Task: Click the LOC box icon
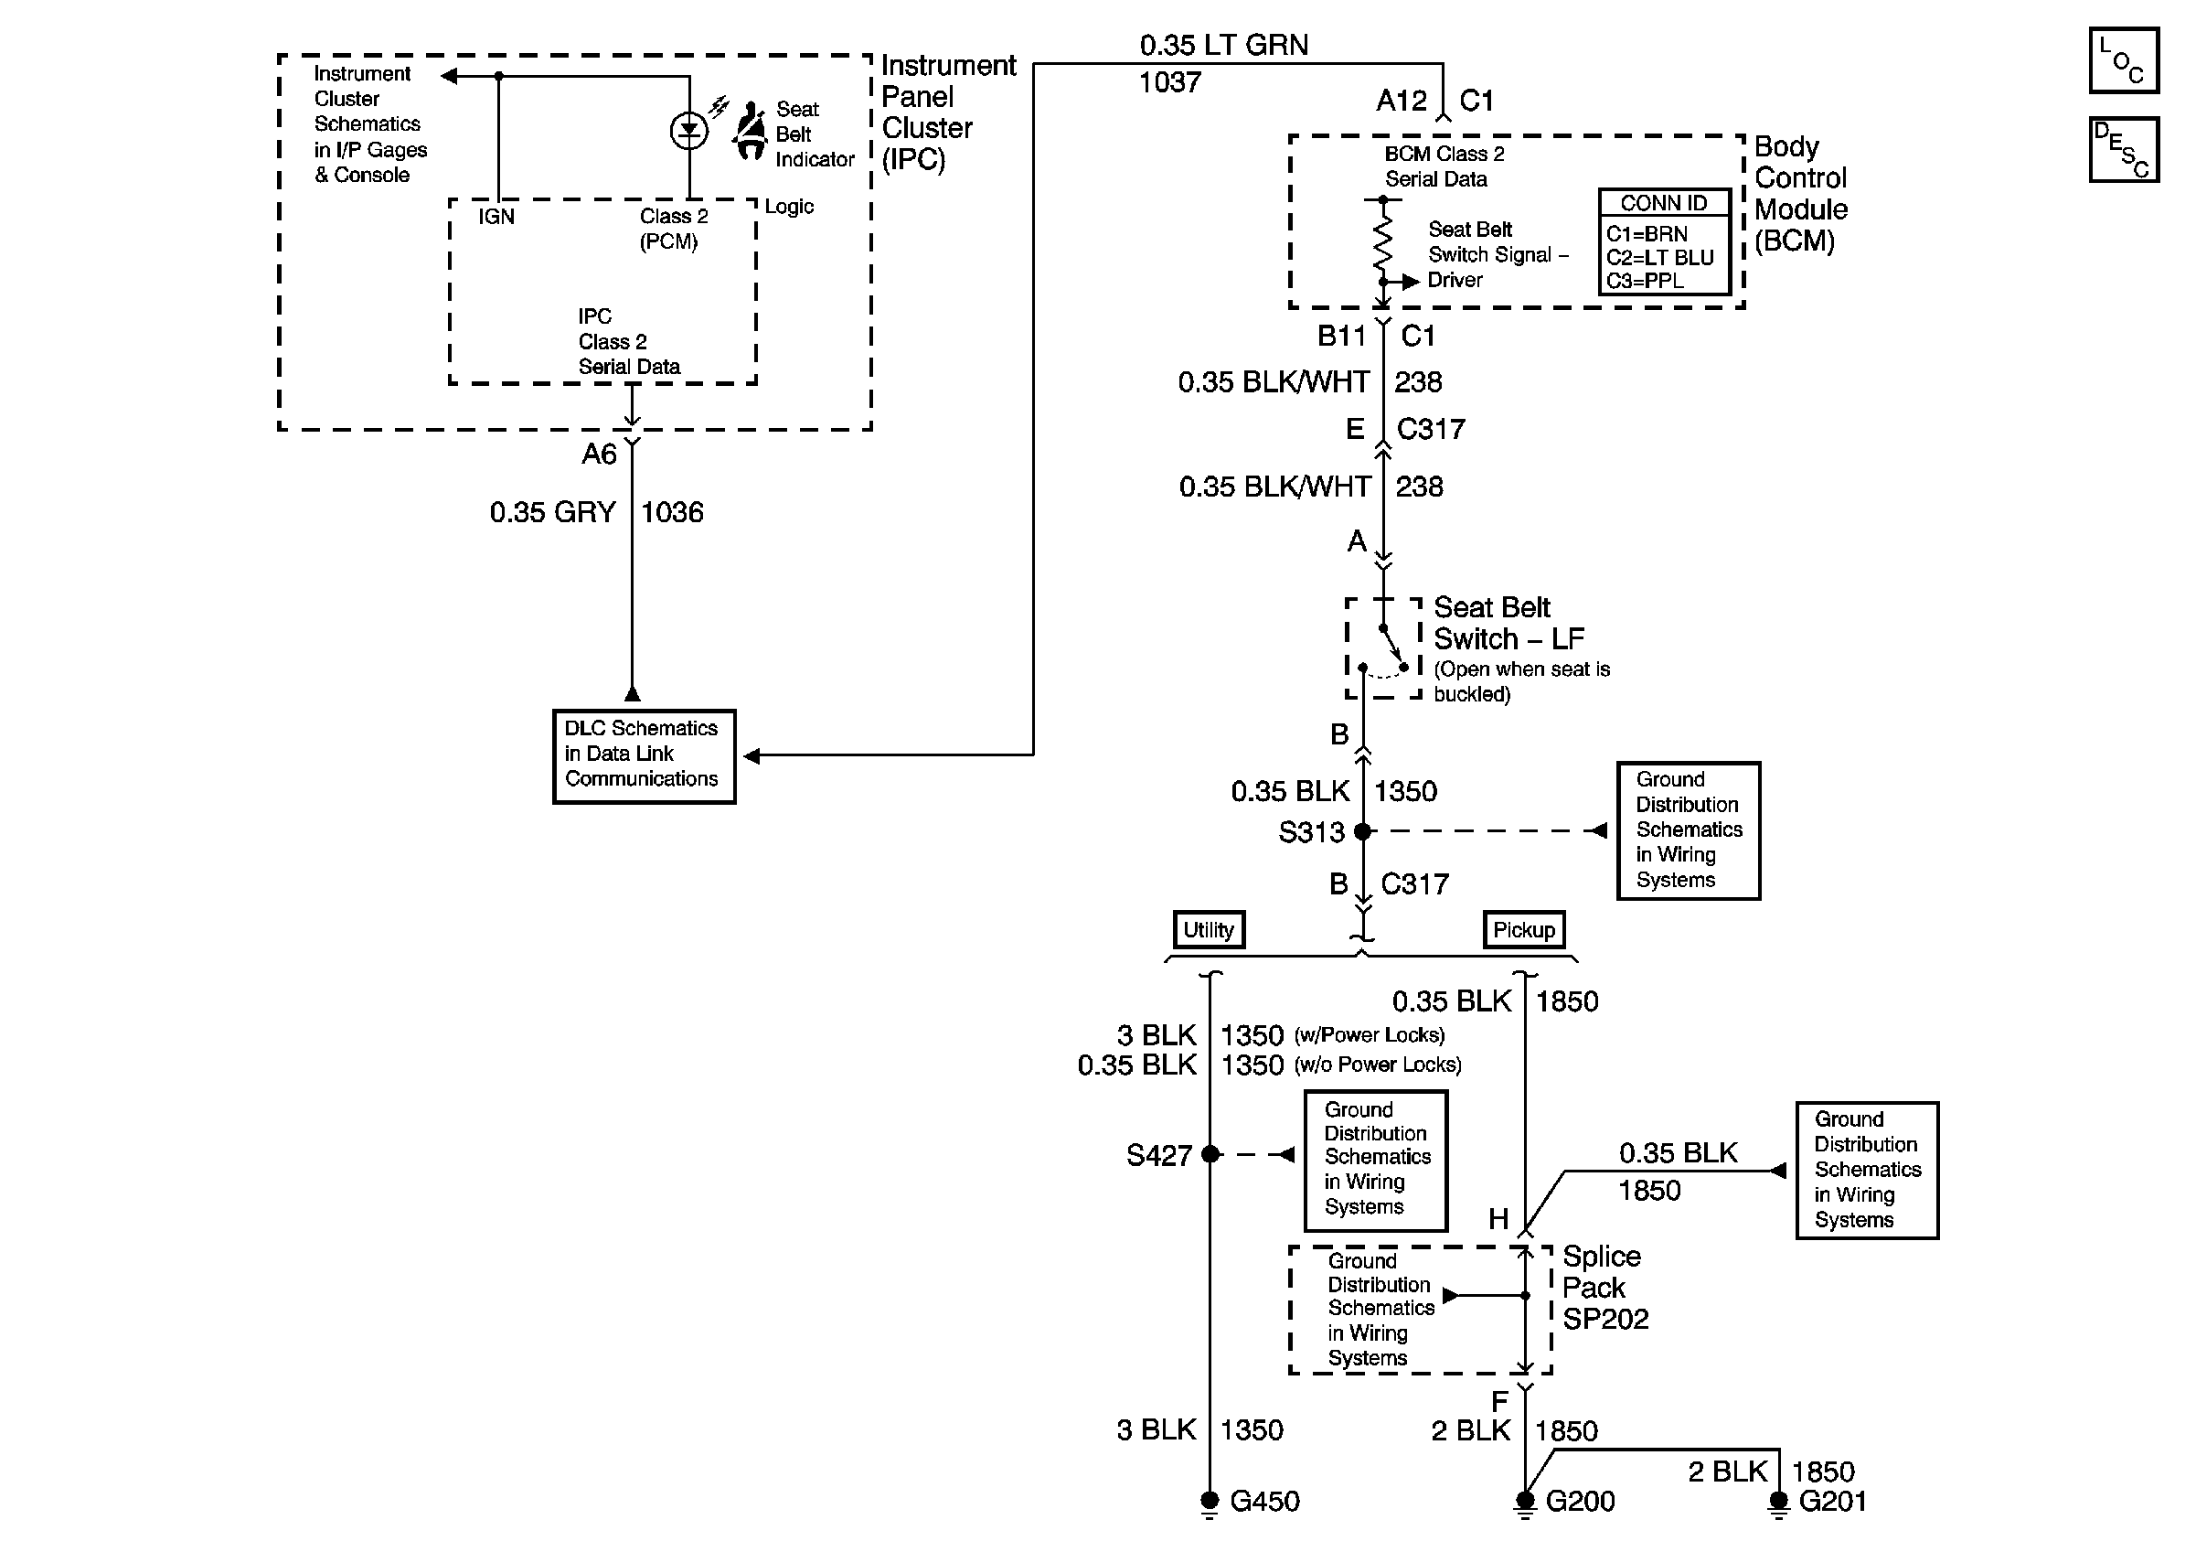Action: click(x=2122, y=60)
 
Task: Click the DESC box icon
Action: click(x=2122, y=149)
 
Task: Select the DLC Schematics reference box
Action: click(x=643, y=754)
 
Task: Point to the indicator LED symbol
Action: click(x=688, y=131)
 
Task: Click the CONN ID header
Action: click(x=1663, y=203)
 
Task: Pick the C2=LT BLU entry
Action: click(x=1659, y=257)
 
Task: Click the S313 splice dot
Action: click(x=1363, y=831)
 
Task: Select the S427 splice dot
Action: click(x=1210, y=1153)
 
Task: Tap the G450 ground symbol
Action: click(x=1210, y=1502)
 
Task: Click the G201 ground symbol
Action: click(x=1778, y=1502)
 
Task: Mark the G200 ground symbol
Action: click(x=1525, y=1502)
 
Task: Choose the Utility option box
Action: click(x=1209, y=929)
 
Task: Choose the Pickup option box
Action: click(x=1524, y=929)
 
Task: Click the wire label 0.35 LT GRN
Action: click(x=1223, y=45)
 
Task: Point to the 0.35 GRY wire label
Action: click(x=552, y=512)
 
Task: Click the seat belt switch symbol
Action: click(x=1384, y=649)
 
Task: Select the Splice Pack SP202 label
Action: click(x=1604, y=1288)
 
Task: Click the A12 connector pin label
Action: click(x=1402, y=101)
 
